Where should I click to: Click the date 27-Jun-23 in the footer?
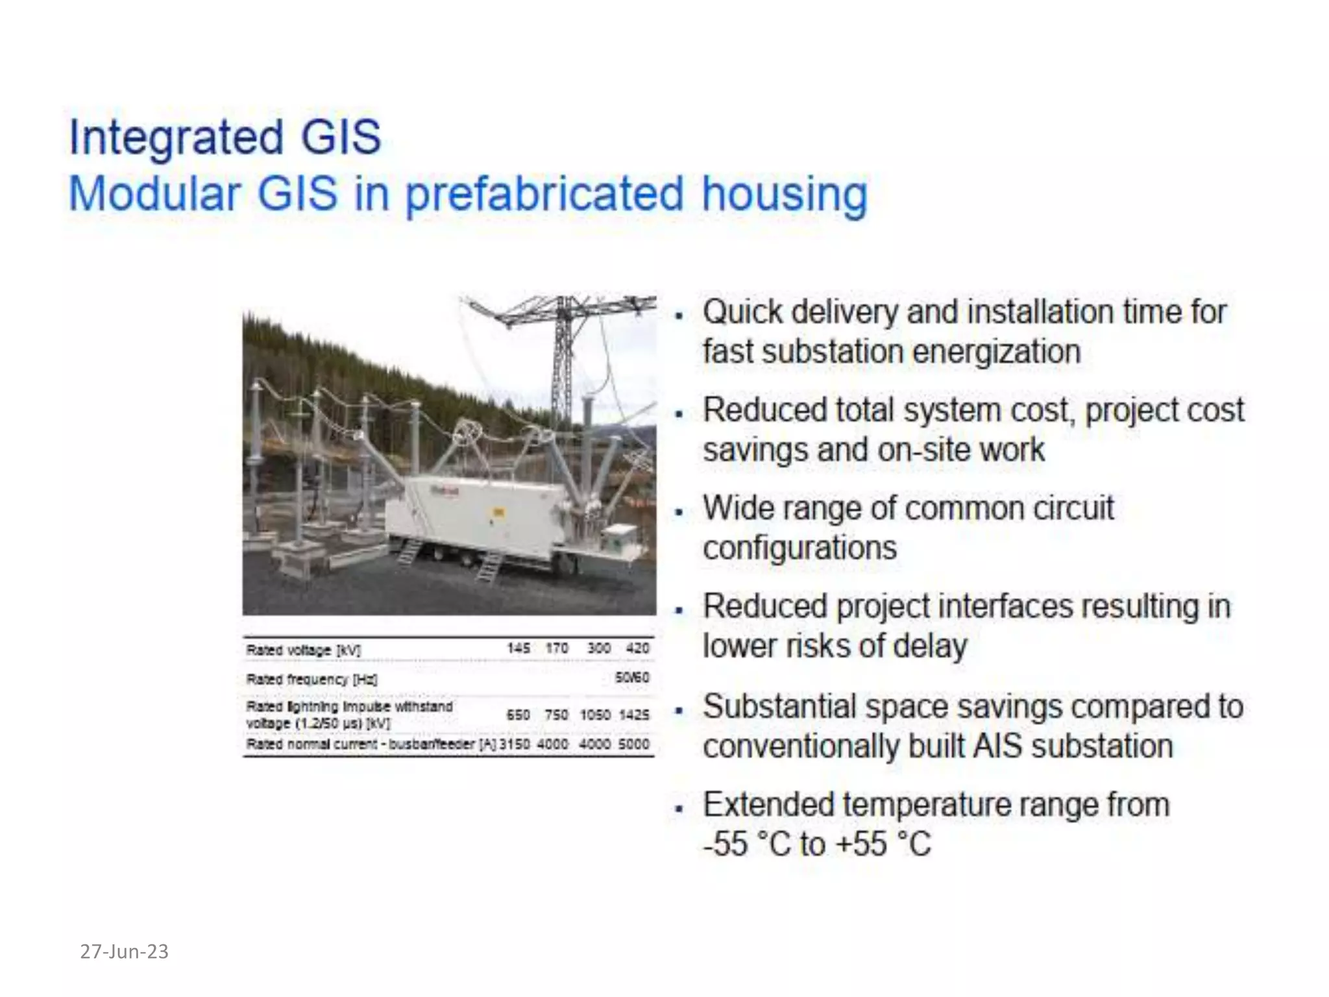(x=124, y=952)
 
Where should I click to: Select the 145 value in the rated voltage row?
(x=518, y=648)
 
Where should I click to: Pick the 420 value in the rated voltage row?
(x=637, y=648)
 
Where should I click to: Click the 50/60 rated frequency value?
(x=632, y=678)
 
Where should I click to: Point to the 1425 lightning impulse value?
(x=634, y=715)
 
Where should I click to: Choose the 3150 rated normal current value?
(x=515, y=744)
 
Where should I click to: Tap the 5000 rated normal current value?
(x=634, y=744)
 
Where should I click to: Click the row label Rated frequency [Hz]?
(x=311, y=680)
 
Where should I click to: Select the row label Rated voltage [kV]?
(x=303, y=650)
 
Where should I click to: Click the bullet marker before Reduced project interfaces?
(x=679, y=610)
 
